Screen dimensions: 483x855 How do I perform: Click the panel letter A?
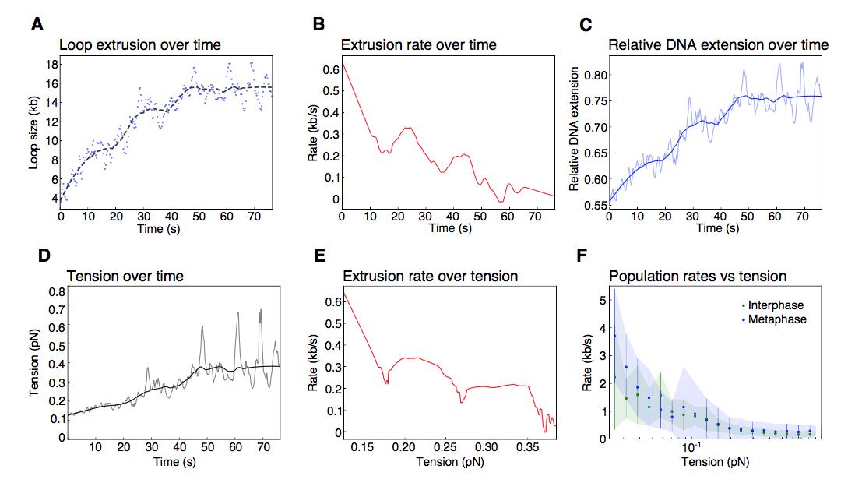[36, 25]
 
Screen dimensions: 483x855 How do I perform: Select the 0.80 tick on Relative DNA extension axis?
[595, 76]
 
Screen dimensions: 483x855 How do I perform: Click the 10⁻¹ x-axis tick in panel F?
[690, 450]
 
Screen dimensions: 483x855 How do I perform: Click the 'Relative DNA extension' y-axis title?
[574, 140]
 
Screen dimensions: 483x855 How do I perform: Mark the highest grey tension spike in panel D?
[259, 310]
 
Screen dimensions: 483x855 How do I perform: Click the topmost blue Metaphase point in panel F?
[614, 336]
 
